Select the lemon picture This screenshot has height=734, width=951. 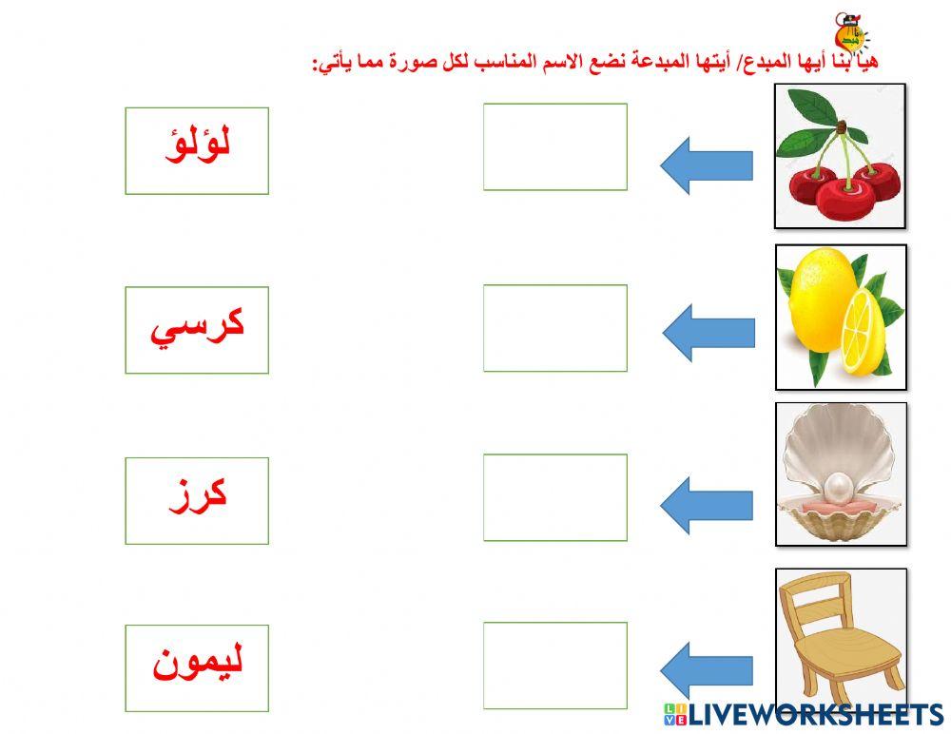[x=840, y=317]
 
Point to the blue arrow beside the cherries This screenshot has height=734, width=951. [x=706, y=164]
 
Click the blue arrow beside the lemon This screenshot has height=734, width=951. [x=708, y=333]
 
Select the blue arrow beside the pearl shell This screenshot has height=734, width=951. [x=706, y=505]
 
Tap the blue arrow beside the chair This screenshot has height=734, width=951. [x=706, y=669]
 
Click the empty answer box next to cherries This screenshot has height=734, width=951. [x=555, y=146]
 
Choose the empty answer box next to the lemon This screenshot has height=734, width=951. [x=555, y=328]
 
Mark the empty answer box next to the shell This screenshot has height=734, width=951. [x=555, y=497]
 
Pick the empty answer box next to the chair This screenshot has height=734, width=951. [x=555, y=666]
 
